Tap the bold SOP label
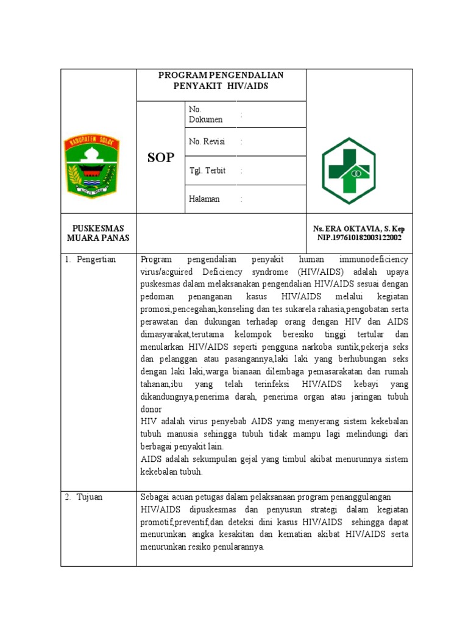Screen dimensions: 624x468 [160, 158]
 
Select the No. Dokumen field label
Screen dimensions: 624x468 [205, 114]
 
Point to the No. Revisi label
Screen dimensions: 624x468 [207, 141]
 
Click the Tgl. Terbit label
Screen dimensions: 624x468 [207, 171]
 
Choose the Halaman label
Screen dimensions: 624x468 [204, 199]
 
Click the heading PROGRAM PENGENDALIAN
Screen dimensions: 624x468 [221, 75]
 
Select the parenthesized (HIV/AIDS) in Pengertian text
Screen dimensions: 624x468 [321, 272]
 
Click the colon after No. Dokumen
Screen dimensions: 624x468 [241, 114]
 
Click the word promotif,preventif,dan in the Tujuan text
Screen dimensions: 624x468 [180, 522]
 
